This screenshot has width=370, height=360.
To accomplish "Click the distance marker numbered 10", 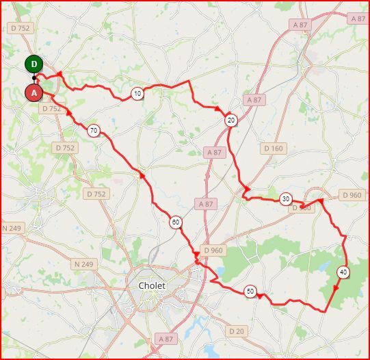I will pyautogui.click(x=137, y=94).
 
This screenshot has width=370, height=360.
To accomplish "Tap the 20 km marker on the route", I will pyautogui.click(x=230, y=120).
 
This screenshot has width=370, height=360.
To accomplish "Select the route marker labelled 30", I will pyautogui.click(x=285, y=198).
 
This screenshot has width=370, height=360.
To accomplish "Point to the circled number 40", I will pyautogui.click(x=342, y=272).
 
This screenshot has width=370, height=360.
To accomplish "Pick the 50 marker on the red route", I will pyautogui.click(x=250, y=291).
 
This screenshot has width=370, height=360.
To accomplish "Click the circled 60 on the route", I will pyautogui.click(x=176, y=222).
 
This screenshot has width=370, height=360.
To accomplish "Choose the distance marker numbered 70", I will pyautogui.click(x=94, y=130).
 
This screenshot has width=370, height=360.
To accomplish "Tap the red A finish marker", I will pyautogui.click(x=34, y=92).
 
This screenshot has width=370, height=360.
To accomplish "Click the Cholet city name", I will pyautogui.click(x=152, y=285).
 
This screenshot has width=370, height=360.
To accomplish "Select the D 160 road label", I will pyautogui.click(x=272, y=148).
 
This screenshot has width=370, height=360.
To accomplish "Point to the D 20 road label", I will pyautogui.click(x=237, y=331).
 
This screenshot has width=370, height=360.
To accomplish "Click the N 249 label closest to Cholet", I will pyautogui.click(x=83, y=263).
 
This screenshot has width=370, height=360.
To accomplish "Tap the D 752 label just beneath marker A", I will pyautogui.click(x=51, y=109).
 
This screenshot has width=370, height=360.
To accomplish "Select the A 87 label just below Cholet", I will pyautogui.click(x=165, y=338).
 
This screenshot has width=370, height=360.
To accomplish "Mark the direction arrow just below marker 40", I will pyautogui.click(x=336, y=288).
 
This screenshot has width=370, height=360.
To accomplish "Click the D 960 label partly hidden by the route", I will pyautogui.click(x=301, y=207).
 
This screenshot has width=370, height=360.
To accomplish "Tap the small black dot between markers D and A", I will pyautogui.click(x=34, y=78).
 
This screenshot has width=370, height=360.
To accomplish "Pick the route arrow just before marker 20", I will pyautogui.click(x=218, y=109).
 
